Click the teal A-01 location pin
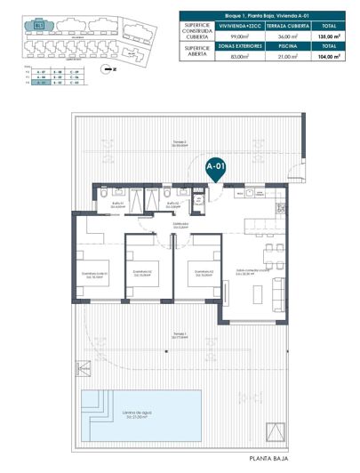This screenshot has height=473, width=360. click(x=214, y=166)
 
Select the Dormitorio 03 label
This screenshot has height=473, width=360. click(x=196, y=272)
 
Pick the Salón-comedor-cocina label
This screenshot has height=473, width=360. click(x=246, y=272)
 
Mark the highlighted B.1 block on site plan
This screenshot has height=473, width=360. click(x=39, y=26)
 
